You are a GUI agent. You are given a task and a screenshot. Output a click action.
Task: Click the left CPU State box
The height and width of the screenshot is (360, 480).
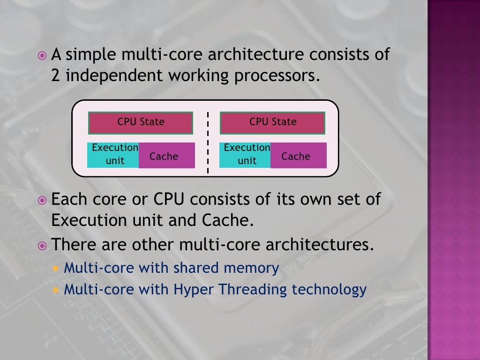pyautogui.click(x=141, y=123)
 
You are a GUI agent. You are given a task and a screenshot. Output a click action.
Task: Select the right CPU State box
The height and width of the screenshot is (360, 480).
pyautogui.click(x=272, y=123)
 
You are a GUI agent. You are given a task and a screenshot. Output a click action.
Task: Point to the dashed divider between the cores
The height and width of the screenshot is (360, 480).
pyautogui.click(x=207, y=142)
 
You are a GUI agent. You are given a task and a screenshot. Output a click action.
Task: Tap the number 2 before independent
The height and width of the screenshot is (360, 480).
pyautogui.click(x=55, y=75)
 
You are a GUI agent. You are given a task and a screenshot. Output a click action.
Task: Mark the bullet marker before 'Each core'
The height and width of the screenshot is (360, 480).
pyautogui.click(x=43, y=200)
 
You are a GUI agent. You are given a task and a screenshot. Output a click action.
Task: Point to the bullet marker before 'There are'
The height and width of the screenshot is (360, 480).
pyautogui.click(x=43, y=245)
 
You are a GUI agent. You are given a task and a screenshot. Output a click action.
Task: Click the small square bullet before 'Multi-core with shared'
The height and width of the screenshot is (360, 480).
pyautogui.click(x=56, y=269)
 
